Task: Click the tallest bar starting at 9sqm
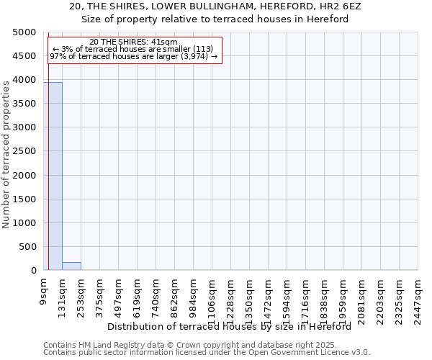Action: pos(53,176)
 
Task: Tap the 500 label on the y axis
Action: pos(29,247)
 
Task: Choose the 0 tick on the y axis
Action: pos(34,271)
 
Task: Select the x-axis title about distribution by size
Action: pos(234,326)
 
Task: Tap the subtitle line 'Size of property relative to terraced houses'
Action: pos(216,19)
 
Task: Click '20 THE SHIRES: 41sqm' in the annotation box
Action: pos(134,42)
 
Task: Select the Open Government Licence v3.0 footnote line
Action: pos(207,352)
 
